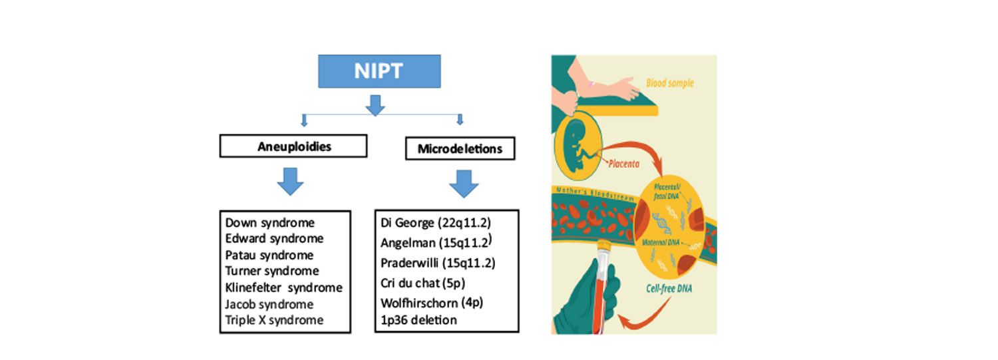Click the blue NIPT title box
coord(379,71)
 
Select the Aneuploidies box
coord(293,147)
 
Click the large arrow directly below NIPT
coord(376,104)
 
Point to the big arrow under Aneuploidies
coord(289,181)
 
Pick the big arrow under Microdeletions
coord(464,183)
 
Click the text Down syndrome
coord(270,223)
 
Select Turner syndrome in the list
coord(272,271)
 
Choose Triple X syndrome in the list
coord(274,320)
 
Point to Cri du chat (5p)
coord(422,283)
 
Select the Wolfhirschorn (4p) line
coord(432,303)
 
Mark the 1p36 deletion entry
coord(418,320)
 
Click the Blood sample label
coord(670,85)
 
